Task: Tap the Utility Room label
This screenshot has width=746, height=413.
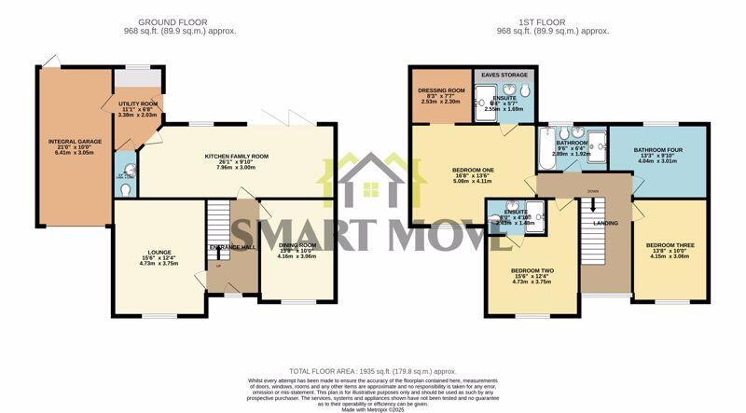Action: click(136, 103)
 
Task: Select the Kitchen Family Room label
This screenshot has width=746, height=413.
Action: click(236, 157)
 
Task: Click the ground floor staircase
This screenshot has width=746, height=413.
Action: click(217, 224)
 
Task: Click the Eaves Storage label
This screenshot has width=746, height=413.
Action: click(504, 75)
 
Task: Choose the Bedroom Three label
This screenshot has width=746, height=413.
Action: click(670, 246)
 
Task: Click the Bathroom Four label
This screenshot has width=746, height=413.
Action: click(659, 149)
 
